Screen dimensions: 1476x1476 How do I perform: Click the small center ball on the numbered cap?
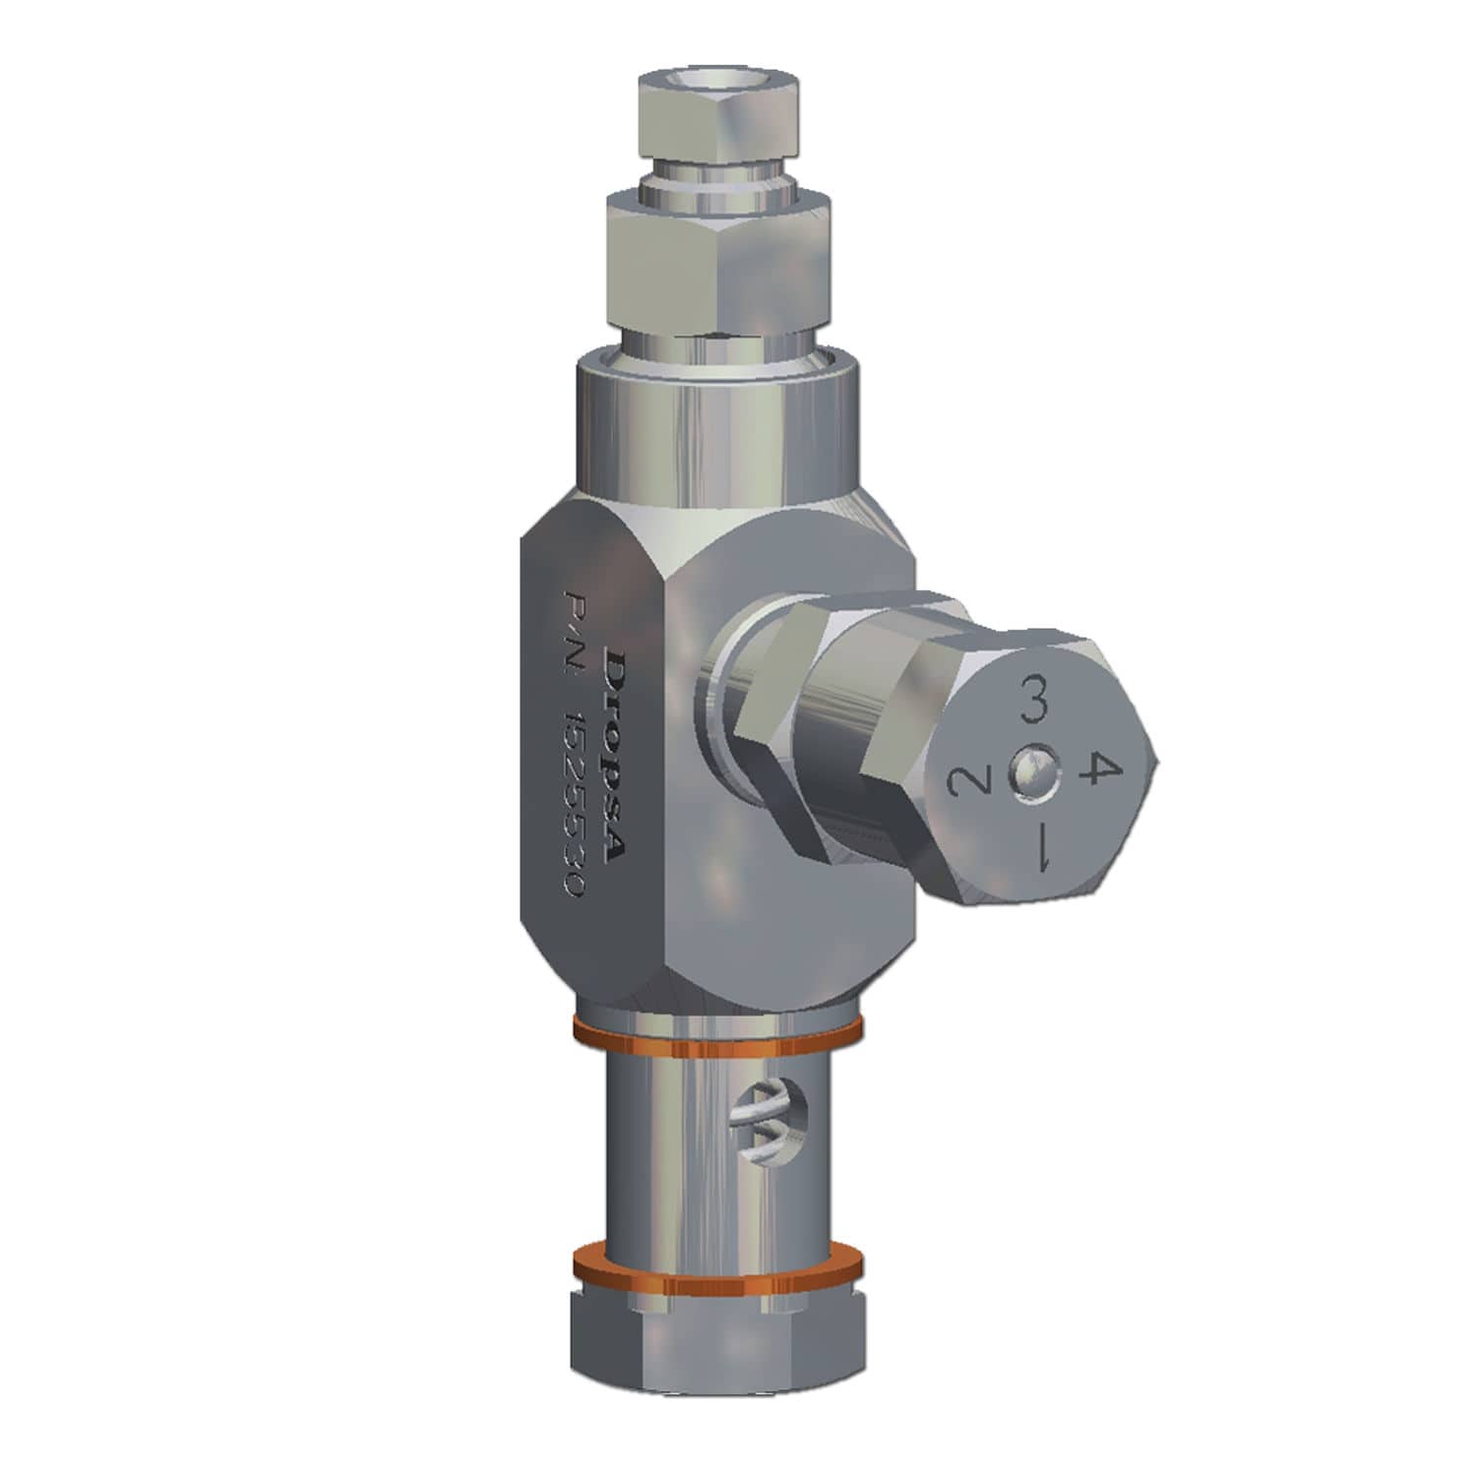[1029, 777]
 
